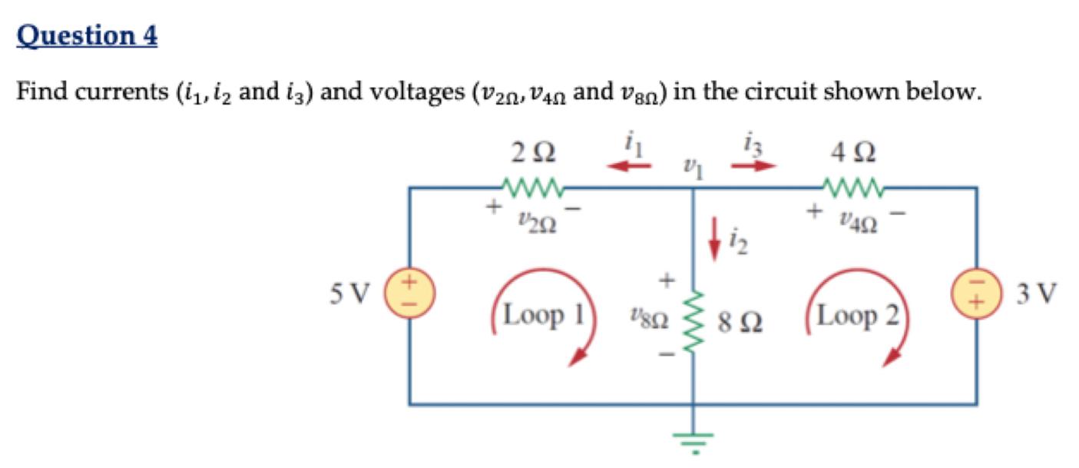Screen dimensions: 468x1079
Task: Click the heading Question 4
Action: [x=87, y=35]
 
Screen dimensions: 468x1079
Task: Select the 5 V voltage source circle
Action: [x=410, y=292]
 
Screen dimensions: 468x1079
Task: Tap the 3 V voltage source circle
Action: [x=976, y=292]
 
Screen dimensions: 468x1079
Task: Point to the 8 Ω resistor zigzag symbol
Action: [x=693, y=317]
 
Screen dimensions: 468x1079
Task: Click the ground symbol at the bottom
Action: [x=693, y=440]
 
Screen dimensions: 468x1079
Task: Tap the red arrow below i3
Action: [x=753, y=164]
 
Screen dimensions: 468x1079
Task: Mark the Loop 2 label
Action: [x=858, y=316]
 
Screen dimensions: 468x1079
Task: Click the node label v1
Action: [x=693, y=168]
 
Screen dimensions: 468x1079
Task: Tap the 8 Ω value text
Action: [x=740, y=319]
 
